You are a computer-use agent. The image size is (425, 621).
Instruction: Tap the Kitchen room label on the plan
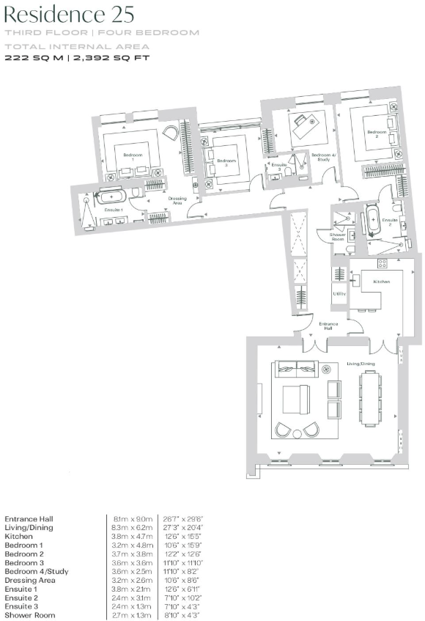tap(380, 282)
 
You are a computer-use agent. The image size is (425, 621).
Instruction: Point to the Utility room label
tap(339, 293)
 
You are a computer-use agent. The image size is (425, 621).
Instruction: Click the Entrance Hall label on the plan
tap(326, 327)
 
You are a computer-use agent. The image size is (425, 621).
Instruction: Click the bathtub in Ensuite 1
tap(112, 196)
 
